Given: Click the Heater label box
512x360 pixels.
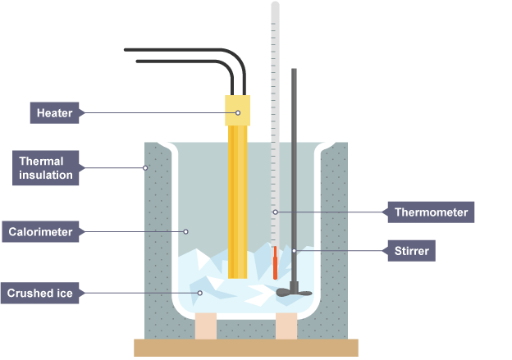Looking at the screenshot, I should point(55,112).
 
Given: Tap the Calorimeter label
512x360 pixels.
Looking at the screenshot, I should point(41,232).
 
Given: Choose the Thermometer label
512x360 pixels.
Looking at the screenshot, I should point(431,212).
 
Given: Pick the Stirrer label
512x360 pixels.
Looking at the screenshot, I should point(410,250).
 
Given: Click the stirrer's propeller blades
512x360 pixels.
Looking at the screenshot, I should point(294,291).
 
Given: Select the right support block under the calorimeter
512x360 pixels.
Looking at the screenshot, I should point(286,326).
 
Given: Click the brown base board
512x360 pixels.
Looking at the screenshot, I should point(246,348).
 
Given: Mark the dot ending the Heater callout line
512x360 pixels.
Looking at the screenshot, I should point(238,112).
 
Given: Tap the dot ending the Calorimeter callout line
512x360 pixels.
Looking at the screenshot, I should point(187,232).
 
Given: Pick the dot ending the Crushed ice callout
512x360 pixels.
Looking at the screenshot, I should point(199,293).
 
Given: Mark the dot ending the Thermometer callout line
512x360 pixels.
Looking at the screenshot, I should point(276,212).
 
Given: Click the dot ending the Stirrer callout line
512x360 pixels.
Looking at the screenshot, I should point(294,250).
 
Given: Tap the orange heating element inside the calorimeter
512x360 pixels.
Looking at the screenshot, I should point(237,205).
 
